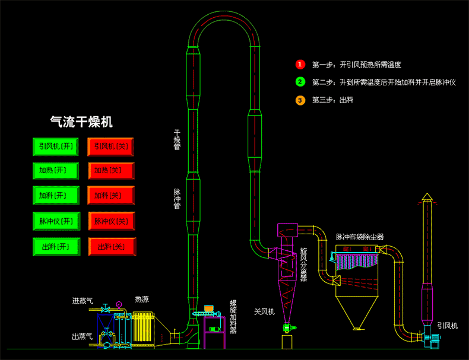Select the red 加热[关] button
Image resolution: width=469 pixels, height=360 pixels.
pos(112,171)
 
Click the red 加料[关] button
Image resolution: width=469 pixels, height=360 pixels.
pos(112,195)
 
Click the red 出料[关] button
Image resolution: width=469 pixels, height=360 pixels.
pos(112,246)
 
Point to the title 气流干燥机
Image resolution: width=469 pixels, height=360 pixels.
pos(81,122)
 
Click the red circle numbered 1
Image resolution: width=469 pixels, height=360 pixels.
pos(300,64)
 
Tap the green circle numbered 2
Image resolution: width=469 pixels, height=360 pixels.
pos(300,82)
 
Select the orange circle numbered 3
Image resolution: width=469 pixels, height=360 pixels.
pos(300,100)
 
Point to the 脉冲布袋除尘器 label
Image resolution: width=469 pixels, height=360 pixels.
pos(360,237)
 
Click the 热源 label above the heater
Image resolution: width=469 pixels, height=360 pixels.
pos(142,300)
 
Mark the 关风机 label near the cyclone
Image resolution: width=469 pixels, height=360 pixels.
pos(264,311)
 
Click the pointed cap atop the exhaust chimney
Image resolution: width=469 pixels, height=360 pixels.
pos(426,196)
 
